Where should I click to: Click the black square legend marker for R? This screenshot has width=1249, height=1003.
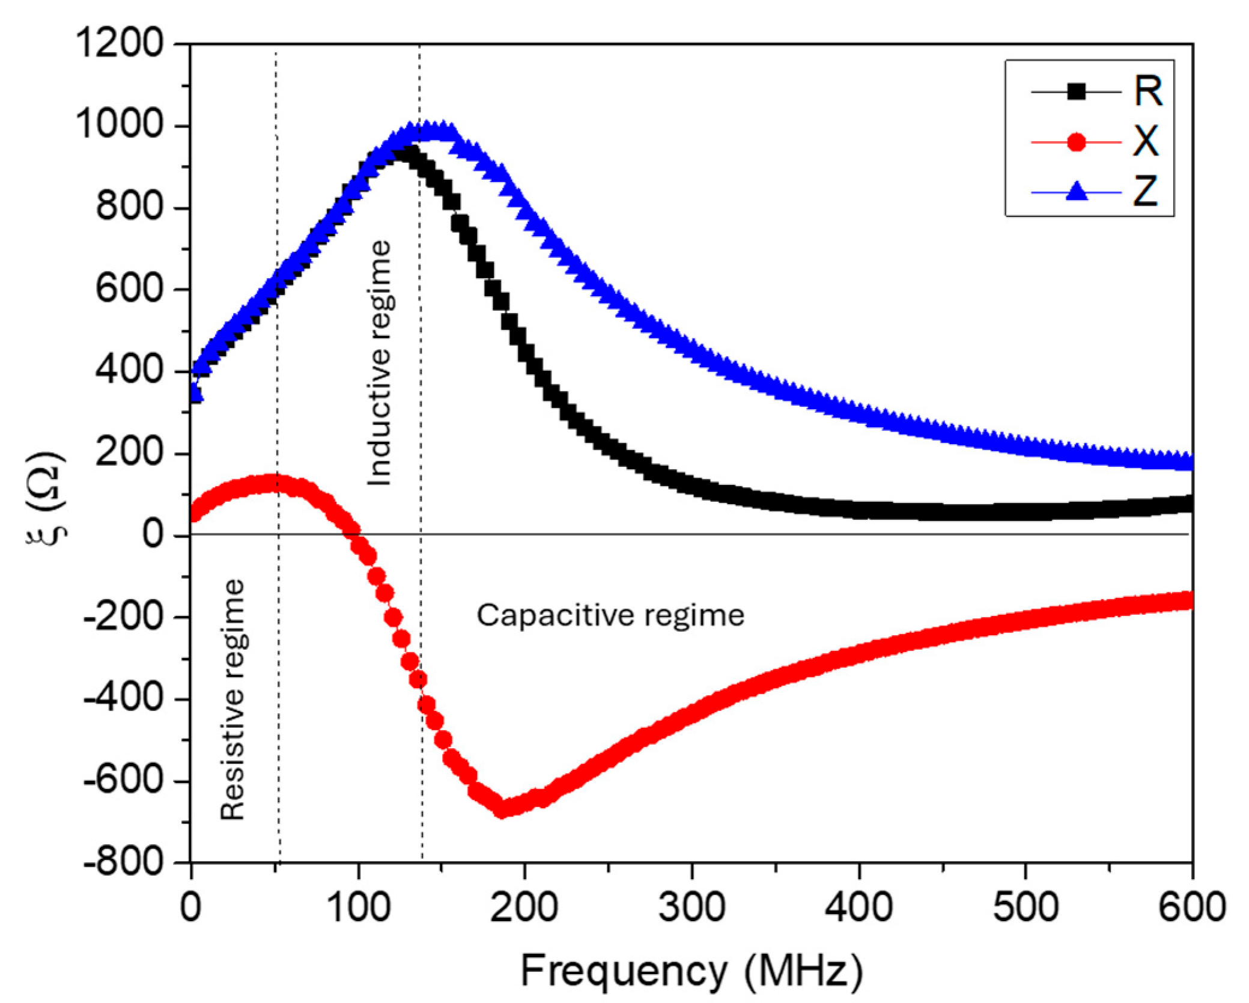tap(1076, 92)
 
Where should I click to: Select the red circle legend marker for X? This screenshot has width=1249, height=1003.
tap(1076, 142)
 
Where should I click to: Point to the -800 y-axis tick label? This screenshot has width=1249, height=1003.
tap(123, 863)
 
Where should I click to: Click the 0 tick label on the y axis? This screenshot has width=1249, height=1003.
tap(153, 534)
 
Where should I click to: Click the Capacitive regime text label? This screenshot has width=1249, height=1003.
tap(610, 615)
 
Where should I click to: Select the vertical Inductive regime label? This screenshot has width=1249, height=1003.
tap(380, 363)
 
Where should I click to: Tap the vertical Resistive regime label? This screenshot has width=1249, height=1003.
tap(233, 700)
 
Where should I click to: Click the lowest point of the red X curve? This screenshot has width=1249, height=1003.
tap(502, 809)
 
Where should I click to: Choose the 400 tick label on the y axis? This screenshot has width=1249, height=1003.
tap(129, 371)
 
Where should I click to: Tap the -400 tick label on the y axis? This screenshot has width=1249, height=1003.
tap(123, 699)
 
